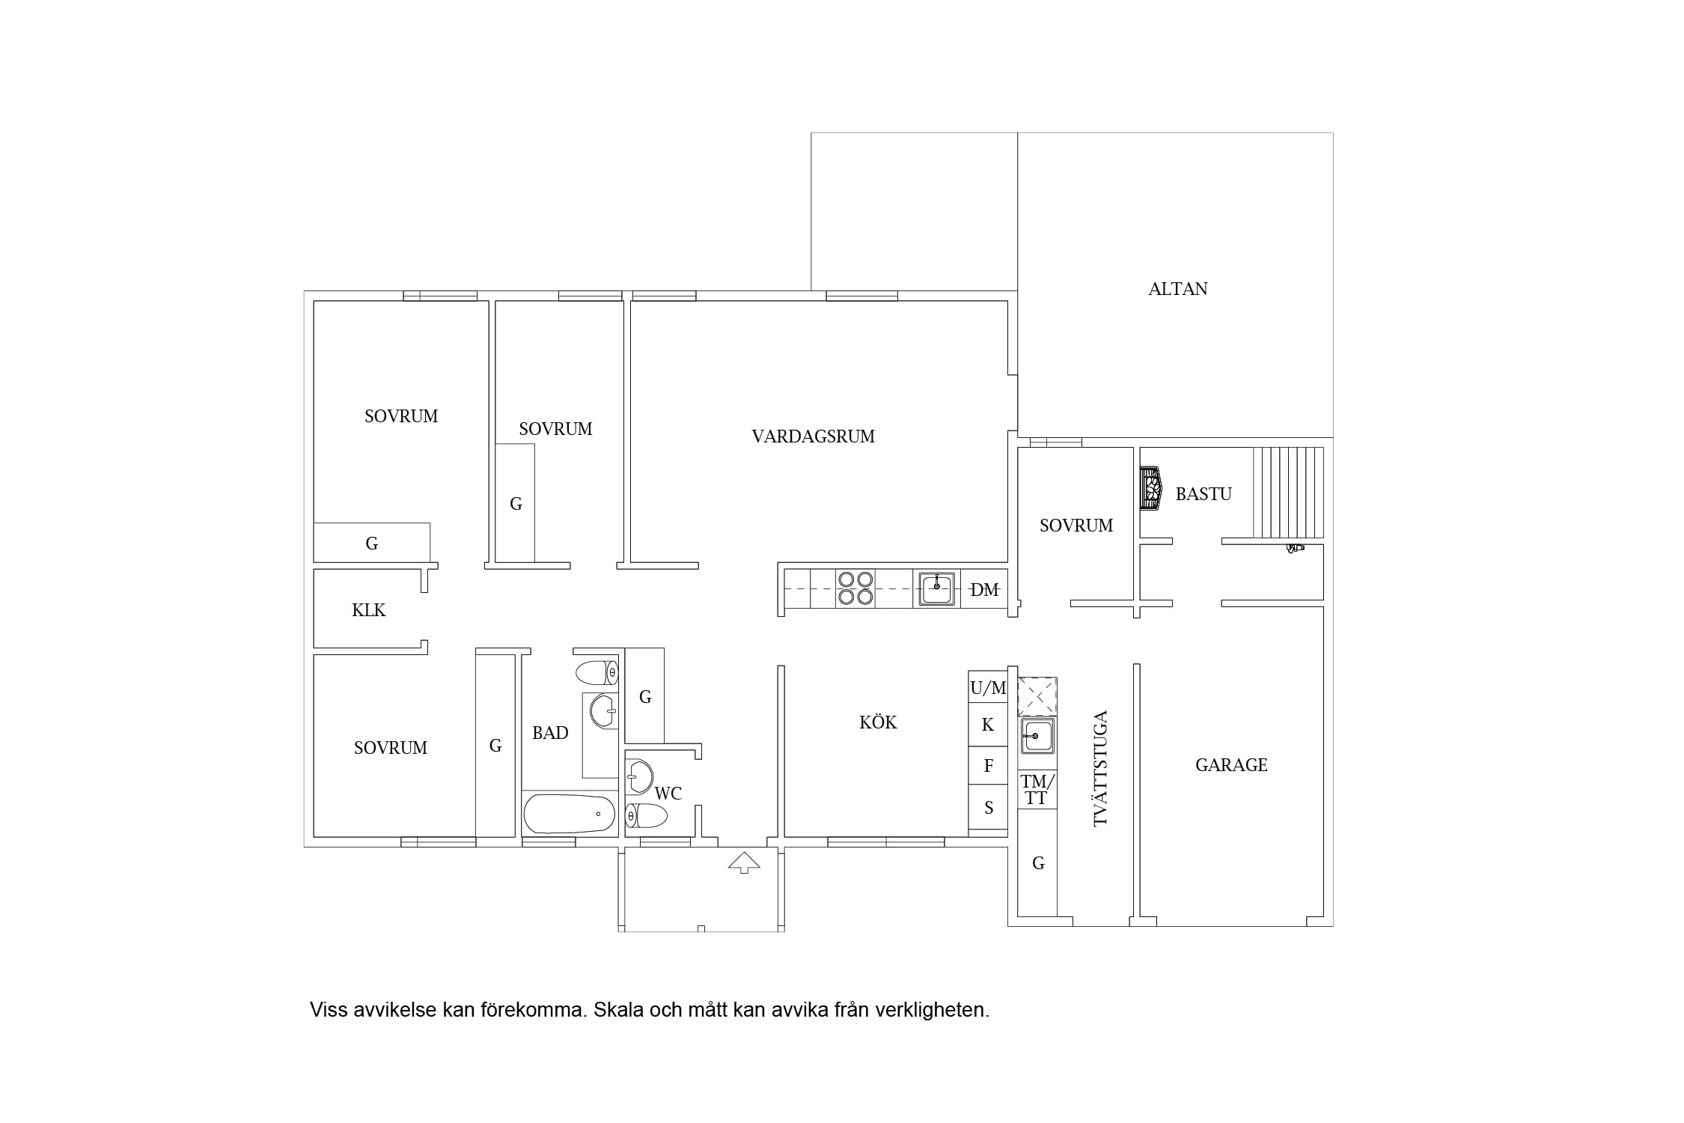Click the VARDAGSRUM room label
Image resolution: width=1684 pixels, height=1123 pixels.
pyautogui.click(x=813, y=436)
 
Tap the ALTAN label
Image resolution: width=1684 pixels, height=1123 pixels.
pyautogui.click(x=1177, y=289)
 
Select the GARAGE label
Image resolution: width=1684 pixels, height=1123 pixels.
pyautogui.click(x=1231, y=765)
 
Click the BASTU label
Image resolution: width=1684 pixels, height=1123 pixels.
pyautogui.click(x=1203, y=494)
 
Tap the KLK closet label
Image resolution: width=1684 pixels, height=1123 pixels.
pyautogui.click(x=369, y=610)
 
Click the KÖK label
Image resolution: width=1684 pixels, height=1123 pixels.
pyautogui.click(x=878, y=722)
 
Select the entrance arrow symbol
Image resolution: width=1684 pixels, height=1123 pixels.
pyautogui.click(x=744, y=862)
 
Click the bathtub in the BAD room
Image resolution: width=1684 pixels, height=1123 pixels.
pyautogui.click(x=570, y=814)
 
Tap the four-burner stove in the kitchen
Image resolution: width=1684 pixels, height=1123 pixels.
pyautogui.click(x=855, y=588)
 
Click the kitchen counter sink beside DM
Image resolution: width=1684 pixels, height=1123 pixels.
pyautogui.click(x=936, y=588)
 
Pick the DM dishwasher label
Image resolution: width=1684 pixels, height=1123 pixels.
pyautogui.click(x=984, y=590)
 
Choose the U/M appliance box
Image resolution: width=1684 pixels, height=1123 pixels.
pyautogui.click(x=988, y=688)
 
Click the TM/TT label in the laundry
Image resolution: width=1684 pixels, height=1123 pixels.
pyautogui.click(x=1037, y=790)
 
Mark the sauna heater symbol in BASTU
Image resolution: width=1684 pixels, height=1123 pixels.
pyautogui.click(x=1150, y=489)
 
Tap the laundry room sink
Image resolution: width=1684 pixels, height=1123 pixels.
pyautogui.click(x=1037, y=737)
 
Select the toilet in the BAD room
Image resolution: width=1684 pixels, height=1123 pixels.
pyautogui.click(x=597, y=672)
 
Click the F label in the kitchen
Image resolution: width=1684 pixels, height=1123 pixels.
pyautogui.click(x=988, y=766)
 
